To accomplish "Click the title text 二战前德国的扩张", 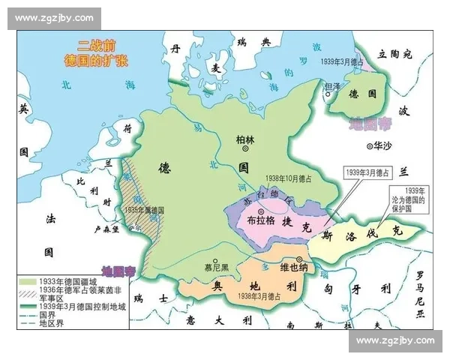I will point(94,50).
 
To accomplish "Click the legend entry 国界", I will point(48,316).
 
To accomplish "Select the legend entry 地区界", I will point(51,325).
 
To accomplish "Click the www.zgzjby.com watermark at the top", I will point(54,17).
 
